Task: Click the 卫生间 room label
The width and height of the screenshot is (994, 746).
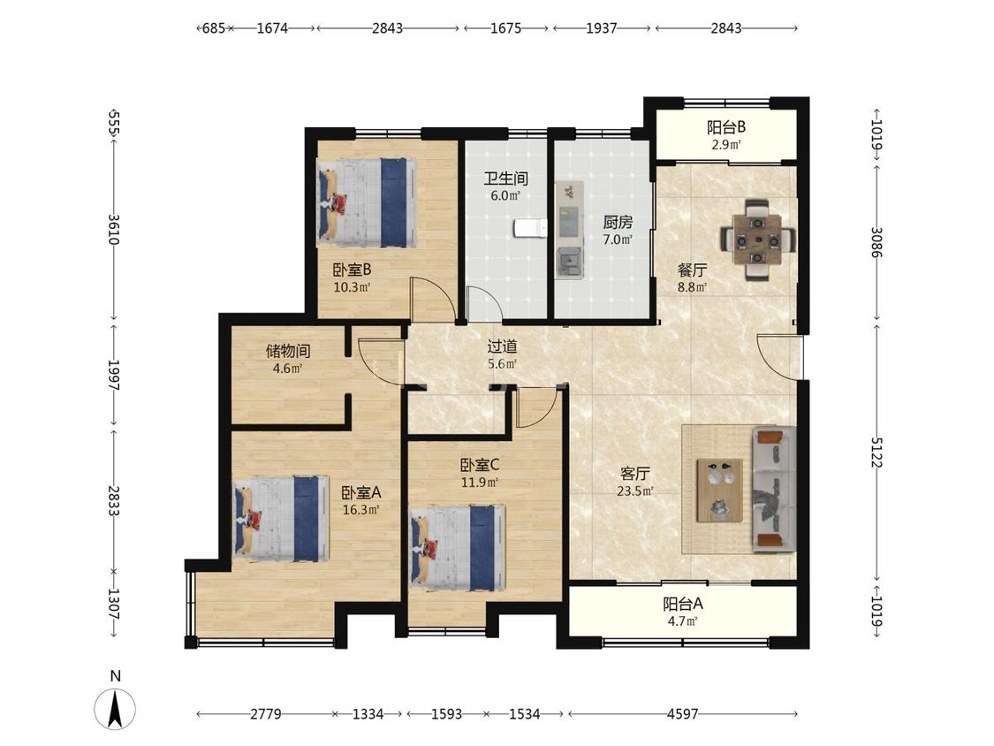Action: (506, 179)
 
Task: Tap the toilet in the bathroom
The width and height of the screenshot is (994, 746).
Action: (530, 228)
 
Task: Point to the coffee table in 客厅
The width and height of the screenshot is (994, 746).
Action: (719, 491)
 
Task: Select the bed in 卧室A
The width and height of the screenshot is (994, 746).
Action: (281, 519)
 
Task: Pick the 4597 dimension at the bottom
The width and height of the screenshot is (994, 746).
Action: (682, 714)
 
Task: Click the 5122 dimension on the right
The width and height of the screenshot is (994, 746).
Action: (876, 453)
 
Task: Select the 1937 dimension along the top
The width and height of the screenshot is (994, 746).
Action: (601, 28)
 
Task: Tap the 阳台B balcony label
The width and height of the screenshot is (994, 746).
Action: (726, 127)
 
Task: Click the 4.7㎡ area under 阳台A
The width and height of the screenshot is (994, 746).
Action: (682, 621)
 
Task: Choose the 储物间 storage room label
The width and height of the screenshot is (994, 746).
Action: (288, 351)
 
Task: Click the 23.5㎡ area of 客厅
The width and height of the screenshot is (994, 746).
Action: (635, 491)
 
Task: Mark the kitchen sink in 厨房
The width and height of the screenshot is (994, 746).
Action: (570, 262)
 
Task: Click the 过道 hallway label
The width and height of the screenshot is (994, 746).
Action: (502, 346)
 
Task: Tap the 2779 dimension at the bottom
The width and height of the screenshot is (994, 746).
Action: (266, 714)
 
